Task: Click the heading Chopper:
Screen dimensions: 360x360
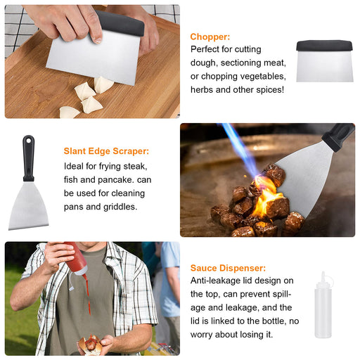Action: click(x=210, y=37)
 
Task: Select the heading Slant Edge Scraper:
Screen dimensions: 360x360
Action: click(x=106, y=151)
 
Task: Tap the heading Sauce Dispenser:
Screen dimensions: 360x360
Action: click(x=228, y=268)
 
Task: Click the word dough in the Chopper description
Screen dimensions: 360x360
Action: click(x=205, y=63)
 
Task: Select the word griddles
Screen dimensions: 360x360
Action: click(x=118, y=207)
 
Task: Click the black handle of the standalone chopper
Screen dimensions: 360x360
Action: click(x=324, y=46)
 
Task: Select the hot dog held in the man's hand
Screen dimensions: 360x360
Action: click(x=91, y=345)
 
